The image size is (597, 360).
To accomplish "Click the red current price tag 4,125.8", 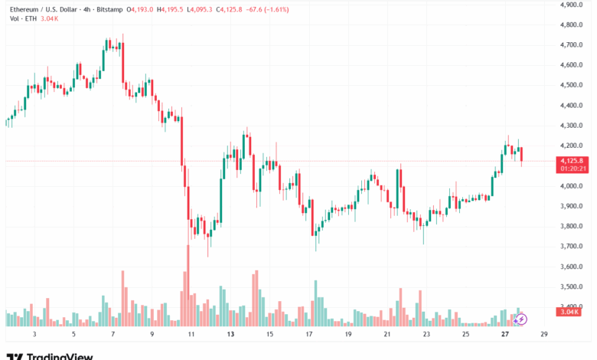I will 573,161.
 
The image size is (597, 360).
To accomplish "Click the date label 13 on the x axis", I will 230,335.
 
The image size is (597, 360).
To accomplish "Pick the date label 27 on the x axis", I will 505,335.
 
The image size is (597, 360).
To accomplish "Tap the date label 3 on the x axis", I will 34,335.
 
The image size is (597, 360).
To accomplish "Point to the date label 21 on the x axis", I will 387,335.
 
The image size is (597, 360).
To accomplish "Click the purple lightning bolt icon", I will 521,319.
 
